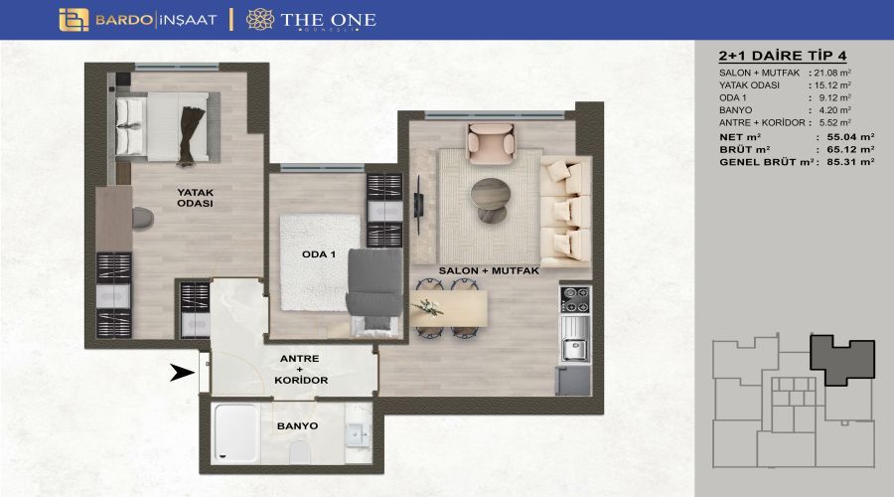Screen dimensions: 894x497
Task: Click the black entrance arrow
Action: (x=183, y=373)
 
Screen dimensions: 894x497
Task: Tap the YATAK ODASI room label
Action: (x=195, y=198)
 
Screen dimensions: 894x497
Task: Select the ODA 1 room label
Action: (x=319, y=254)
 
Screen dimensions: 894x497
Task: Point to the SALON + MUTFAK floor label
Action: (x=489, y=270)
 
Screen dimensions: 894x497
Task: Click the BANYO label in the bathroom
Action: (x=298, y=425)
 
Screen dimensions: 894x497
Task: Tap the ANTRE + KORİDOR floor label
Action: (x=300, y=369)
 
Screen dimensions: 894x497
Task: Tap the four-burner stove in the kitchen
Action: (x=575, y=299)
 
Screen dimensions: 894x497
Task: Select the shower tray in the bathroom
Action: (x=234, y=432)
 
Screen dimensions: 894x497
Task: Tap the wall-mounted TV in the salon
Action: (x=418, y=205)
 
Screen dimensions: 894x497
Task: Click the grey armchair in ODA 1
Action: (x=374, y=282)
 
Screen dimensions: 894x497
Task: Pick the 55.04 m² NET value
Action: (x=850, y=137)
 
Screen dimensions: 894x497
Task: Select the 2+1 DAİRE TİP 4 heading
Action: (x=783, y=56)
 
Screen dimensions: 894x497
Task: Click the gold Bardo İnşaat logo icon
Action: (x=74, y=20)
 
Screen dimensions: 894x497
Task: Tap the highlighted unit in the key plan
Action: (x=842, y=360)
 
